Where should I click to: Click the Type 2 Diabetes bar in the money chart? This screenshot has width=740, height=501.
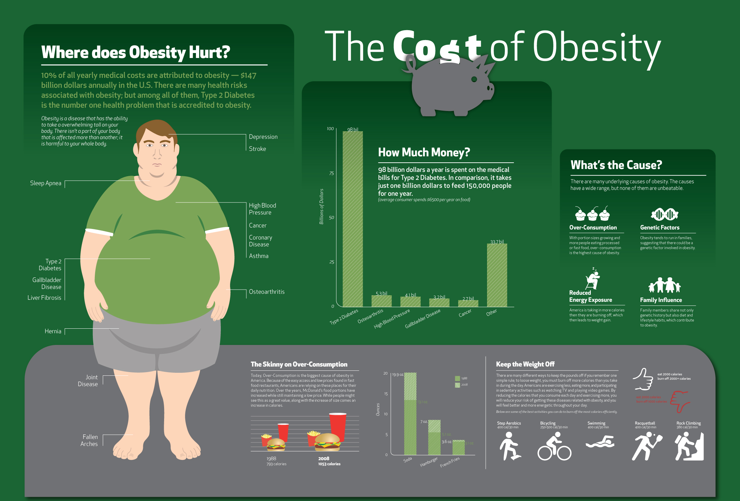coord(352,219)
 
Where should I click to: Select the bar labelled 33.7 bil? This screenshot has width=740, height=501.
coord(497,275)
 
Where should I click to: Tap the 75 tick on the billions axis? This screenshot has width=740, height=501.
coord(332,173)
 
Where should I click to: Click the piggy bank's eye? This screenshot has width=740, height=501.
coord(474,79)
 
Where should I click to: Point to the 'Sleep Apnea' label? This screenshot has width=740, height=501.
coord(46,183)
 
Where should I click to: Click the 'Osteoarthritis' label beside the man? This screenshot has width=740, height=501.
coord(267,292)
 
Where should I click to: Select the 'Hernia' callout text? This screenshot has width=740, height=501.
coord(53,331)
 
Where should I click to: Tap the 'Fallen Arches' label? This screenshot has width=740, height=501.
coord(89,440)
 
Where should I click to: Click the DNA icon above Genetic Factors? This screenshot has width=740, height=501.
coord(664,214)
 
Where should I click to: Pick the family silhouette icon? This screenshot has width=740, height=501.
coord(664,285)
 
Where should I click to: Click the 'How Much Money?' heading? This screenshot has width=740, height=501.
coord(424,152)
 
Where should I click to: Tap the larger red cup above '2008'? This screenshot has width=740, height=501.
coord(338,426)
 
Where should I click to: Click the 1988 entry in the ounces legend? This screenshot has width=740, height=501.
coord(461,378)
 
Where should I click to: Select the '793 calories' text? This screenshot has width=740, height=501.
coord(277,464)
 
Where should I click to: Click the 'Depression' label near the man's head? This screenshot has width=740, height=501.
coord(263,137)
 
